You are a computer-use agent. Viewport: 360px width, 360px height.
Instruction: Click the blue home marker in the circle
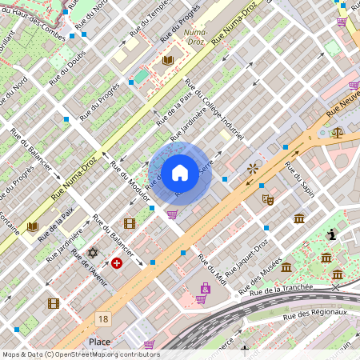pos(180,172)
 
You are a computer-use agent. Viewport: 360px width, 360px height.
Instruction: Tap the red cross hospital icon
pos(117,262)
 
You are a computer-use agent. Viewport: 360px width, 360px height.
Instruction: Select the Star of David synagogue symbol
pos(92,253)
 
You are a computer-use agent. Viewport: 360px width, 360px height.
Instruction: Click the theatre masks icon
pos(268,200)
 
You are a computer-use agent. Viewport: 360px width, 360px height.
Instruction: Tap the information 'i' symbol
pos(332,234)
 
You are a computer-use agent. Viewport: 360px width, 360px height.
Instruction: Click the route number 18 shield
pos(102,318)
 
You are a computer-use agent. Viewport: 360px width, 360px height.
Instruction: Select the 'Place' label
pos(100,342)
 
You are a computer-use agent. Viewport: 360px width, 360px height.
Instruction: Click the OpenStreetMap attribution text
pos(80,354)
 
